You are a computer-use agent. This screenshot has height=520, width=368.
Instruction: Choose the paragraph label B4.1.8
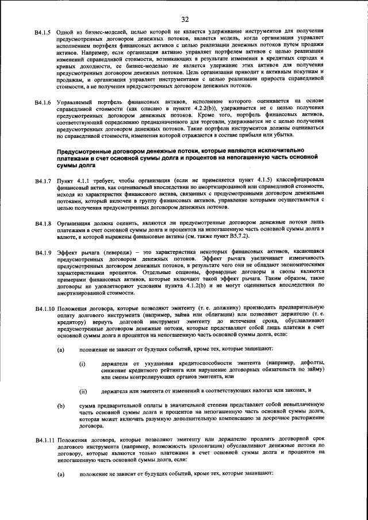click(x=44, y=223)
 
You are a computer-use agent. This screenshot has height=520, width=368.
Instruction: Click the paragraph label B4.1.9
click(x=44, y=252)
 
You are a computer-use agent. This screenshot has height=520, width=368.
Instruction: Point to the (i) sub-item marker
click(x=82, y=364)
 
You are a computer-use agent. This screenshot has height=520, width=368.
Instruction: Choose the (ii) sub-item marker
click(x=83, y=391)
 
